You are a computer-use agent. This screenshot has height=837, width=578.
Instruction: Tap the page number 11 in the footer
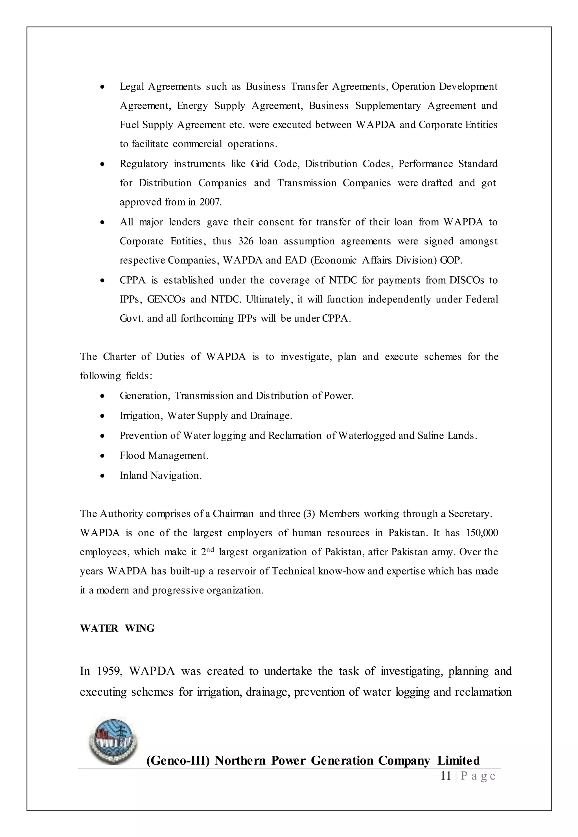point(446,776)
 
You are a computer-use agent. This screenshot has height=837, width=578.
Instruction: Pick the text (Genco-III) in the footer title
point(178,761)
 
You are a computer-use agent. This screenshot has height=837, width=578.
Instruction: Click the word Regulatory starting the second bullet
point(144,164)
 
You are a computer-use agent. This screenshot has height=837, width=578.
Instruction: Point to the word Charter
point(119,357)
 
